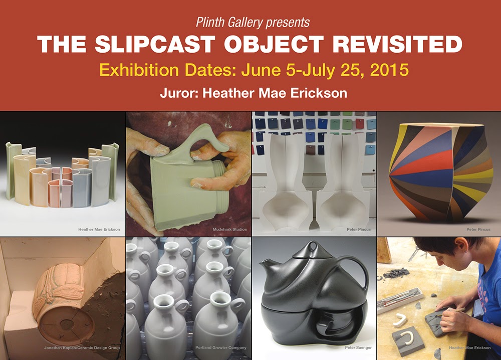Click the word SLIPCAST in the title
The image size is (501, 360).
tap(155, 44)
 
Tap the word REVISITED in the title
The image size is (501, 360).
tap(397, 44)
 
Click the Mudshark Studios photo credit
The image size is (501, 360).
tap(230, 229)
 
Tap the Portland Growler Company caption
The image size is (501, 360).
tap(221, 347)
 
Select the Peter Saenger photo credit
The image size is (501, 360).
tap(358, 347)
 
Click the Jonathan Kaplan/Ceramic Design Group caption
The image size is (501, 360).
tap(82, 347)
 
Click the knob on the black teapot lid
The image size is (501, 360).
tap(312, 247)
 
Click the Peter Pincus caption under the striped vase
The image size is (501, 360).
tap(478, 229)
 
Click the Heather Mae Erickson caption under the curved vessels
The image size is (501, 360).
tap(99, 229)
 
